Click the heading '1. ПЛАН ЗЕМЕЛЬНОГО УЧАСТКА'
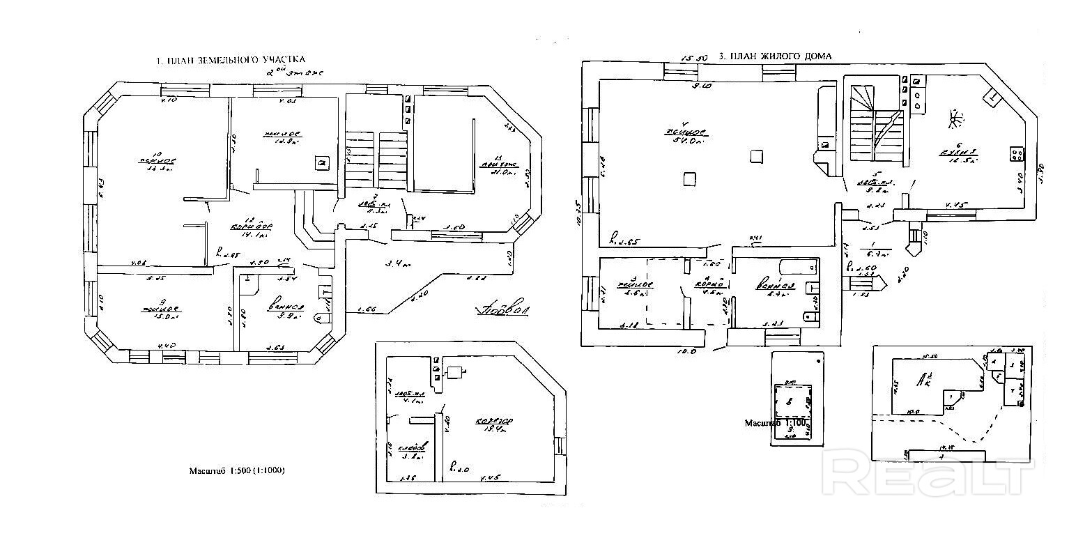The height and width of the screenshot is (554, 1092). click(x=231, y=61)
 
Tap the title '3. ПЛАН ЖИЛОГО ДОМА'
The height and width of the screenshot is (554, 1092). click(x=774, y=56)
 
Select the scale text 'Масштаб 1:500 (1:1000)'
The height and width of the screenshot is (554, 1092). click(x=237, y=471)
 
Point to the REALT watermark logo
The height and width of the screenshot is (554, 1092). click(x=927, y=474)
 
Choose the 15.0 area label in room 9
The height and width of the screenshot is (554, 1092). click(x=162, y=316)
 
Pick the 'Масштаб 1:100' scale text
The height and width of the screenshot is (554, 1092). click(x=776, y=423)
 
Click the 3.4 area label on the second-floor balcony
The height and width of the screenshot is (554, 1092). click(x=398, y=264)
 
